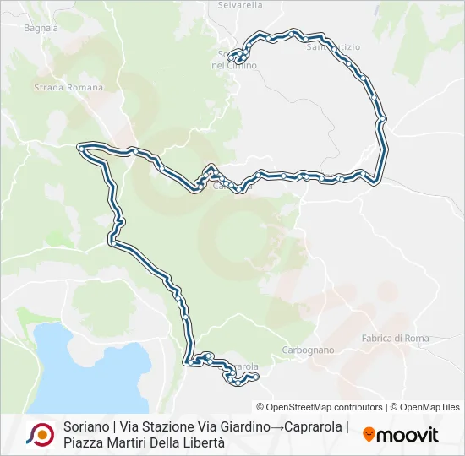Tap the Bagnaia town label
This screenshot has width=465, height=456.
tap(41, 28)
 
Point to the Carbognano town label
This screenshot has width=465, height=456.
tap(308, 350)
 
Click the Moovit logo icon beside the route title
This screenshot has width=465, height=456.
tap(40, 434)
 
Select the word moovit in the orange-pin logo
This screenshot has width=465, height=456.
tap(408, 435)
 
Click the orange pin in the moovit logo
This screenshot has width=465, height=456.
tap(369, 434)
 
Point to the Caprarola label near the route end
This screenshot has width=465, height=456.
tap(241, 367)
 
